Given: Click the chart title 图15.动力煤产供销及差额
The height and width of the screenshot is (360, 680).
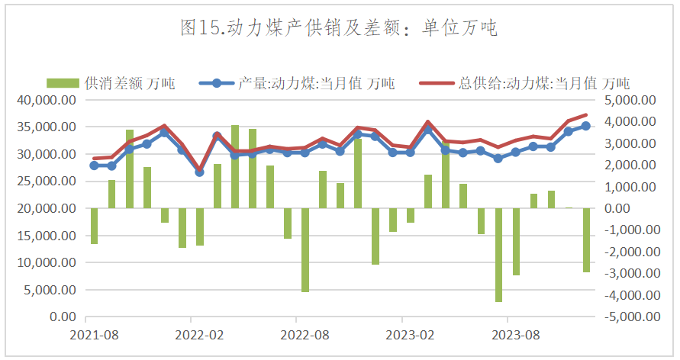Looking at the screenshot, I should point(339,29).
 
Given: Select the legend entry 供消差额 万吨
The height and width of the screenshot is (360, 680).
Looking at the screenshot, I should point(111,83).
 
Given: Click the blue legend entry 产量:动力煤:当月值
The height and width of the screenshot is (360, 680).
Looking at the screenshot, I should point(298,83).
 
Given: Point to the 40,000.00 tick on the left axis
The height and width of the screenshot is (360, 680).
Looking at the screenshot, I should point(48,100).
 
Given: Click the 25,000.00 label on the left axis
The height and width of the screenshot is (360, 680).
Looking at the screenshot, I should point(48,182).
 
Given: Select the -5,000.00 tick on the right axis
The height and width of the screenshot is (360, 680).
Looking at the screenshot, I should point(630,317).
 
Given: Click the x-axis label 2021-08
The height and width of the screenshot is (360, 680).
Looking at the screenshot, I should point(94,335).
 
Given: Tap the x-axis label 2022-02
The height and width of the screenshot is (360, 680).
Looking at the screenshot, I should point(199,335).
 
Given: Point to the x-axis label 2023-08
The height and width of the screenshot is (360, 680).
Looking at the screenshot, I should point(516,335).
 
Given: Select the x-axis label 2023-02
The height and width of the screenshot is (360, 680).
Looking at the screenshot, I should point(410,335).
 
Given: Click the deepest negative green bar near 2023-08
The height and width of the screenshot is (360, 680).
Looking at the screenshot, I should point(498,256).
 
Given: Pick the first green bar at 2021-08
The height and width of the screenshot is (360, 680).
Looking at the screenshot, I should point(94,226).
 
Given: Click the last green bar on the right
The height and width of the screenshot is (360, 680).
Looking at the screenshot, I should point(586,240).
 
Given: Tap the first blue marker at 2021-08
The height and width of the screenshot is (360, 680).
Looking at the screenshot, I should point(94,165).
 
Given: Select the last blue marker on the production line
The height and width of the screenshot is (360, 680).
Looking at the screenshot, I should point(586,126).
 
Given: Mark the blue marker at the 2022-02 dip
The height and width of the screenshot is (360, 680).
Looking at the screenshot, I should point(199,172).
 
